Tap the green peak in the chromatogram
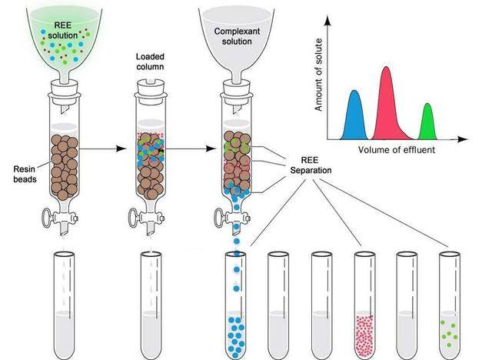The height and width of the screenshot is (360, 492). [x=428, y=123]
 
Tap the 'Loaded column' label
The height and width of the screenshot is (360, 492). [x=151, y=62]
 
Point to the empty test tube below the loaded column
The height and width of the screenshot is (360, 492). [x=151, y=300]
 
